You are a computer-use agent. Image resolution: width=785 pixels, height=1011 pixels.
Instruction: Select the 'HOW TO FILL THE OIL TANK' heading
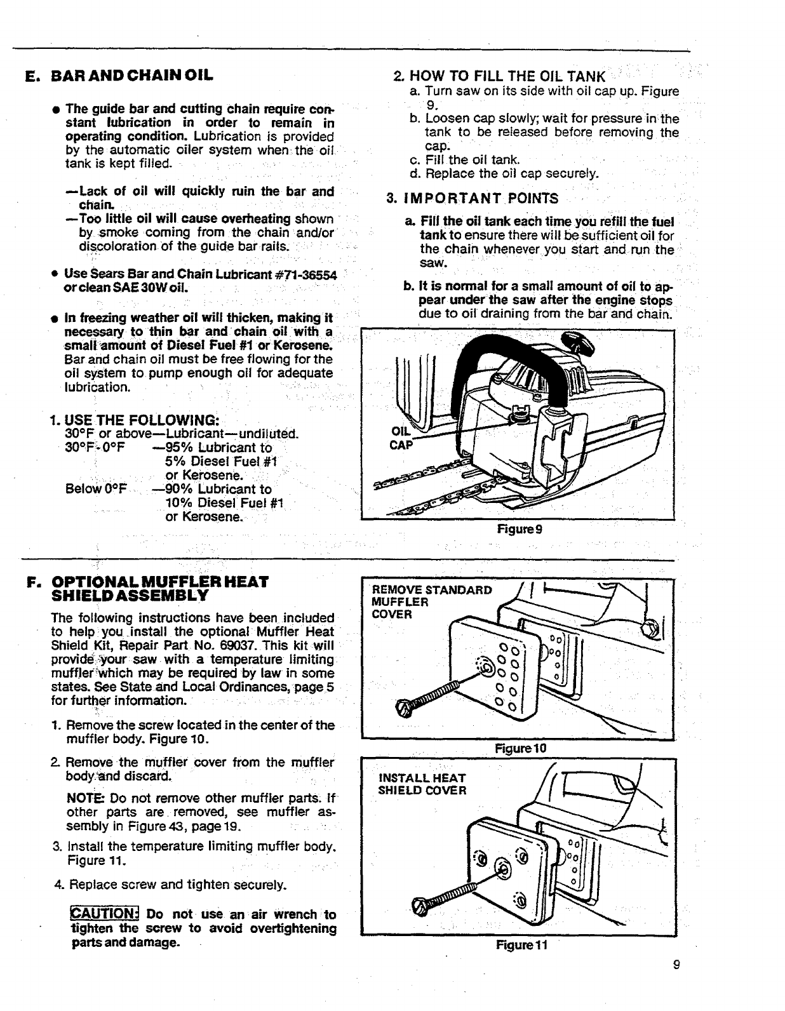point(506,76)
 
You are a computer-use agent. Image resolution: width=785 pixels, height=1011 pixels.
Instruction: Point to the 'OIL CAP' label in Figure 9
point(399,437)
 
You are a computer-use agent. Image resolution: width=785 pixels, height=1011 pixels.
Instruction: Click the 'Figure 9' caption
point(519,528)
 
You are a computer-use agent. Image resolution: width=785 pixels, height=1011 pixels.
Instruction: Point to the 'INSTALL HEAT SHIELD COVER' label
point(422,784)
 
